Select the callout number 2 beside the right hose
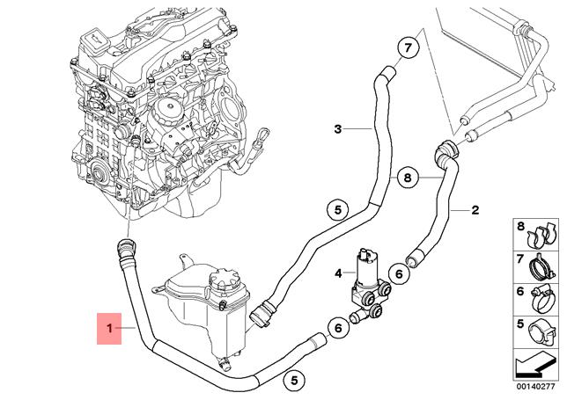click(x=475, y=210)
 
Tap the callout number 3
click(x=337, y=129)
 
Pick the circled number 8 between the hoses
click(x=406, y=178)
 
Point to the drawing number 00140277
click(x=535, y=386)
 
